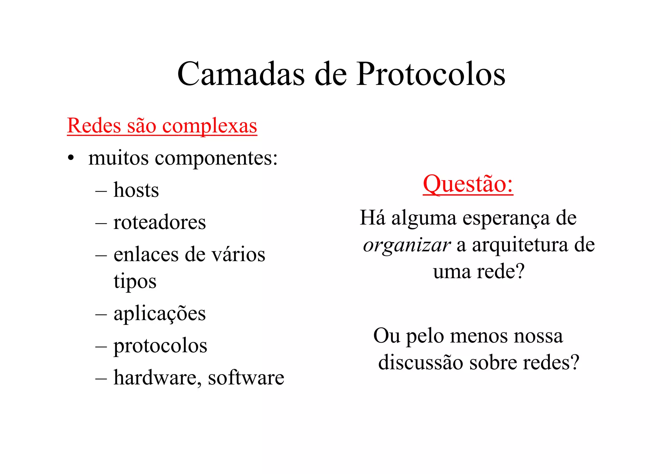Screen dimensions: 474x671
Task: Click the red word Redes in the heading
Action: pyautogui.click(x=94, y=125)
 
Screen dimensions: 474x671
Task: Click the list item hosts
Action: pyautogui.click(x=136, y=190)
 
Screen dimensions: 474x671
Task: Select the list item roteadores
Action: pyautogui.click(x=160, y=222)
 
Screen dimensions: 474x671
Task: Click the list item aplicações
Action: pyautogui.click(x=160, y=314)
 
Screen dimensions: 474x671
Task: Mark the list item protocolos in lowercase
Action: pyautogui.click(x=160, y=346)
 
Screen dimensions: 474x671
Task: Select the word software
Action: pyautogui.click(x=246, y=378)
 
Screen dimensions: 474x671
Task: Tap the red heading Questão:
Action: pyautogui.click(x=468, y=184)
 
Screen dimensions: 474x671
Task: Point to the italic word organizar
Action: pyautogui.click(x=407, y=245)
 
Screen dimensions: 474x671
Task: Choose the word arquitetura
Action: pyautogui.click(x=520, y=245)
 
